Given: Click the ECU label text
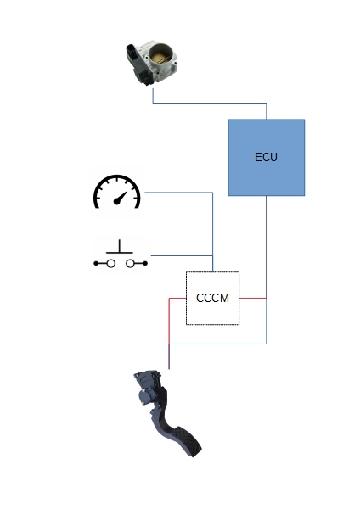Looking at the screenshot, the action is [266, 157].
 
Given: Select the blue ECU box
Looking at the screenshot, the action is [267, 158].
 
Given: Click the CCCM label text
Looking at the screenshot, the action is [212, 298].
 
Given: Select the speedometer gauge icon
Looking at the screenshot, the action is [117, 192].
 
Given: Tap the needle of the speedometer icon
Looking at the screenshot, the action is [120, 198].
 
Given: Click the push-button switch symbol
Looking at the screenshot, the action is [121, 254].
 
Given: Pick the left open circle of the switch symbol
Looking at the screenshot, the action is [110, 264].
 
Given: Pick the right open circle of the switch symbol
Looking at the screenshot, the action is [130, 264].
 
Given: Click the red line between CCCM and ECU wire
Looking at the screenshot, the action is [253, 298].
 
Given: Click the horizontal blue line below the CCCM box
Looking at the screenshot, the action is [217, 344].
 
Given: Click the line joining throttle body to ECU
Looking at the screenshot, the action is [210, 103].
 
